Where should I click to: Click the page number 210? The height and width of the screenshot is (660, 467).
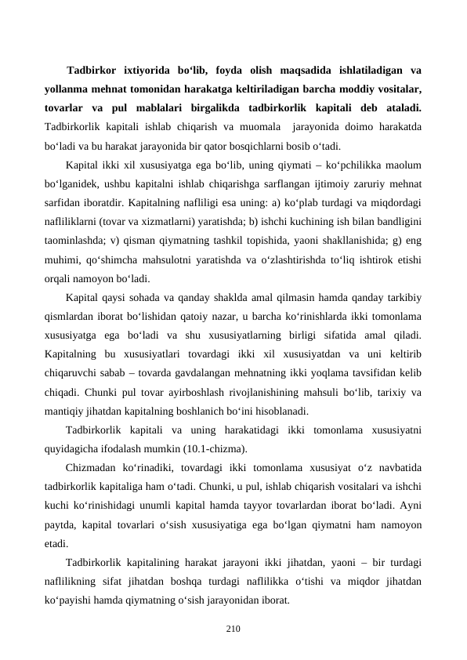(x=233, y=629)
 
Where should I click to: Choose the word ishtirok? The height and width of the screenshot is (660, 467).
(x=367, y=259)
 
